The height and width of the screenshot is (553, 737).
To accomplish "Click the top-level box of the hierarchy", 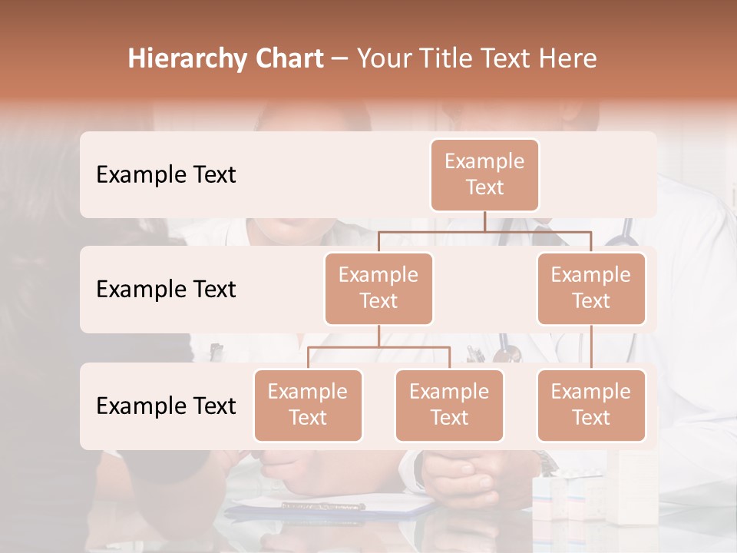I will pyautogui.click(x=484, y=174).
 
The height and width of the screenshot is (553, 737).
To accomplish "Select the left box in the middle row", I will pyautogui.click(x=378, y=288).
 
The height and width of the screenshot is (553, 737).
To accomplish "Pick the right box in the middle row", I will pyautogui.click(x=591, y=288).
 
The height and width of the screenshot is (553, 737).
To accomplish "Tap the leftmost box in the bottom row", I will pyautogui.click(x=308, y=405).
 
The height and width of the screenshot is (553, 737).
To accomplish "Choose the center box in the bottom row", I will pyautogui.click(x=449, y=405).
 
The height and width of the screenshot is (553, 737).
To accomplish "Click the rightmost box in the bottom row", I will pyautogui.click(x=591, y=405).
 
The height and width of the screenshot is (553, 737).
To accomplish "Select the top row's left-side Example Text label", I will pyautogui.click(x=166, y=174).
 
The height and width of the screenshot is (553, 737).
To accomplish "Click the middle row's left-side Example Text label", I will pyautogui.click(x=166, y=289).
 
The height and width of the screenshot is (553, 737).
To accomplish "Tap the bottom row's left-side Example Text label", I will pyautogui.click(x=166, y=406).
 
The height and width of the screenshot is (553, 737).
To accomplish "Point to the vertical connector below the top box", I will pyautogui.click(x=484, y=221).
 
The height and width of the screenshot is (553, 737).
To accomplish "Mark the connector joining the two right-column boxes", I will pyautogui.click(x=591, y=347).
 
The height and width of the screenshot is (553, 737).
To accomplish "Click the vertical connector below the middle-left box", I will pyautogui.click(x=378, y=336).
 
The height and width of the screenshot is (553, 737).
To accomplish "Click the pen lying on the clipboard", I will pyautogui.click(x=322, y=506).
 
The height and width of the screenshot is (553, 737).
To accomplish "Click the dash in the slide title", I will pyautogui.click(x=340, y=58).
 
